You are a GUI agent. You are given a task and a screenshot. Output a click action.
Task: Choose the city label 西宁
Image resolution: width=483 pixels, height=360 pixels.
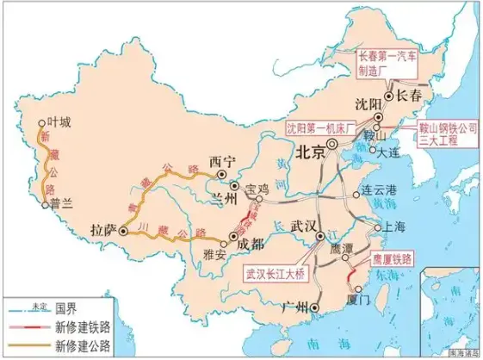point(221,160)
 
